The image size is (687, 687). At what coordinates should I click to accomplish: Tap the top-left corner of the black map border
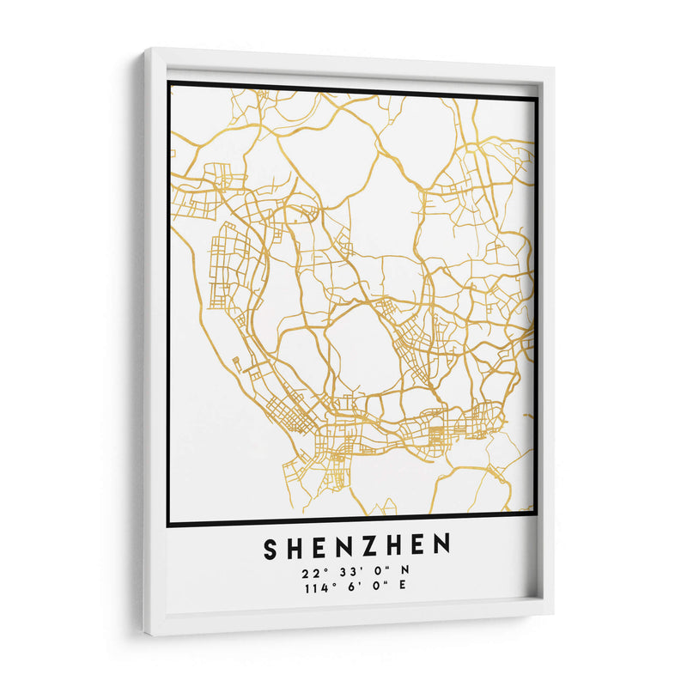169,82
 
